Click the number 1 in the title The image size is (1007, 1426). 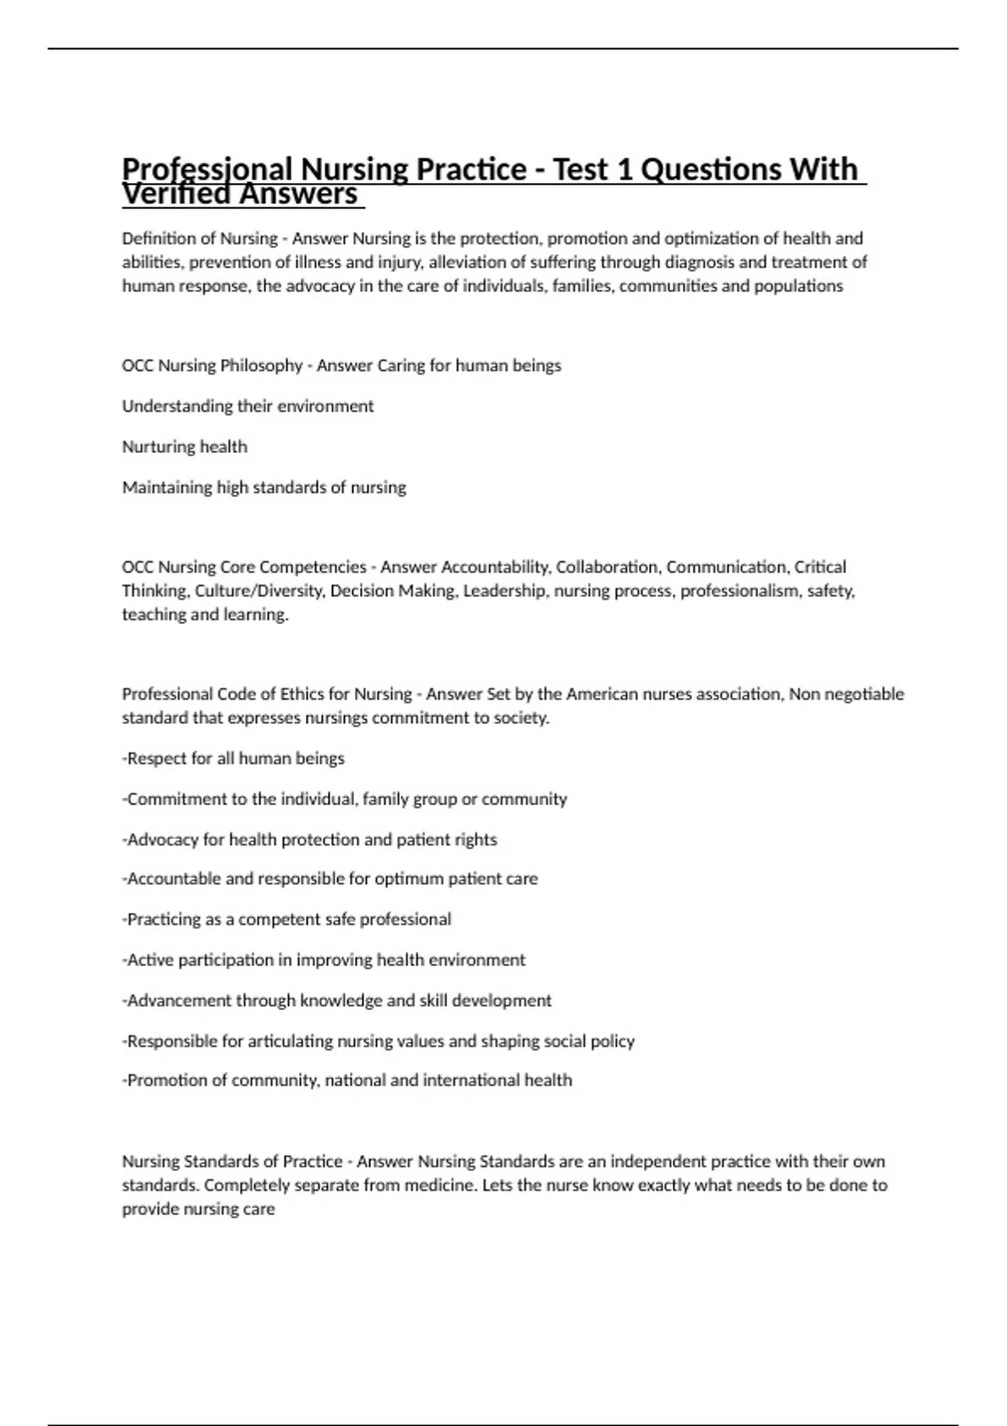tap(624, 170)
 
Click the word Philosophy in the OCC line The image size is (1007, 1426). tap(261, 366)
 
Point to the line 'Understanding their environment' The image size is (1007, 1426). tap(248, 406)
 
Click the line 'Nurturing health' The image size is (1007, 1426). tap(185, 447)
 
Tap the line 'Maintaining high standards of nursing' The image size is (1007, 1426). tap(263, 487)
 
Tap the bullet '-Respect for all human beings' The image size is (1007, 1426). tap(233, 758)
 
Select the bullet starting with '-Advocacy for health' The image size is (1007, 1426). tap(309, 840)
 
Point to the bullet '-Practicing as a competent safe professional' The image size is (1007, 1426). tap(286, 919)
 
